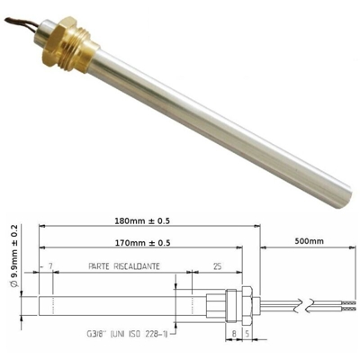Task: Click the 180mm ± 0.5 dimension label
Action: [142, 221]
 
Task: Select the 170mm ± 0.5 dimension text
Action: [142, 243]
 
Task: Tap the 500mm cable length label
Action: [310, 241]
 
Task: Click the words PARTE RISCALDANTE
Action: [124, 266]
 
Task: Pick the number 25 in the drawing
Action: [217, 266]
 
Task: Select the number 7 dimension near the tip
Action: [50, 266]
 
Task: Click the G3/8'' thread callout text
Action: [127, 334]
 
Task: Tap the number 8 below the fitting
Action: [234, 334]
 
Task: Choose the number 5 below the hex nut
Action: [247, 334]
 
